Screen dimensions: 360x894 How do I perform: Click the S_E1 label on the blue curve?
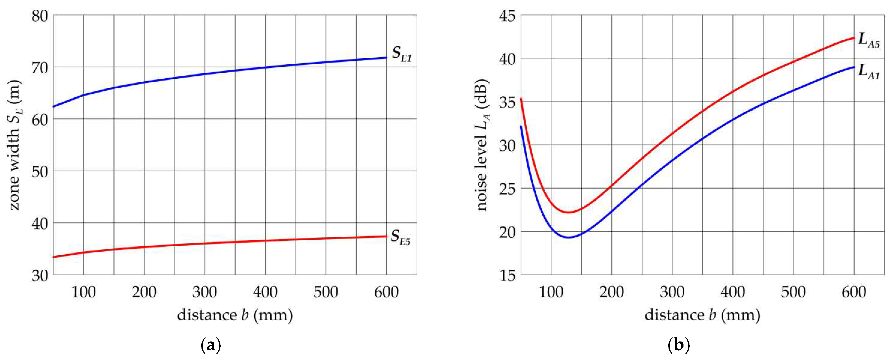[x=402, y=54]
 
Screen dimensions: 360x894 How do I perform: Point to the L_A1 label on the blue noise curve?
[x=869, y=72]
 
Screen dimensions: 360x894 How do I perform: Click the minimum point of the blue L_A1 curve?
[x=569, y=238]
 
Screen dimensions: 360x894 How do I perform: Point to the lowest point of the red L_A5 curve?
[x=569, y=212]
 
